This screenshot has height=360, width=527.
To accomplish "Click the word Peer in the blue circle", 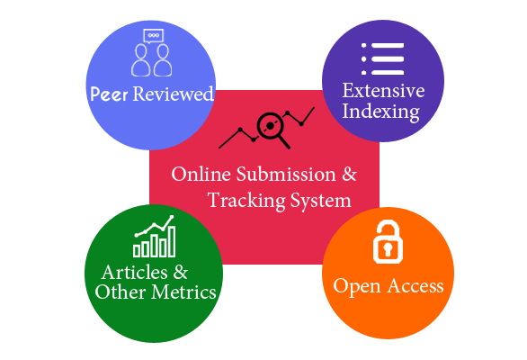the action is pyautogui.click(x=109, y=94).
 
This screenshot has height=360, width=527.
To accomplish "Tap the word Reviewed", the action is pyautogui.click(x=173, y=94).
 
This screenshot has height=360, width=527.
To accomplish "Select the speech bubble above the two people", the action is pyautogui.click(x=153, y=36).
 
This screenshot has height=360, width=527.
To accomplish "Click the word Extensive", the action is pyautogui.click(x=383, y=90).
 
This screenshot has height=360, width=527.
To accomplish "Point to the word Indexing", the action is pyautogui.click(x=380, y=112).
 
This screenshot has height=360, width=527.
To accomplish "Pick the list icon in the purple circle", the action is pyautogui.click(x=382, y=58).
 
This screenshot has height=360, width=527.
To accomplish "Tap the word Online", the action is pyautogui.click(x=201, y=175).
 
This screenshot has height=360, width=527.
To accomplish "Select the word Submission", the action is pyautogui.click(x=286, y=175).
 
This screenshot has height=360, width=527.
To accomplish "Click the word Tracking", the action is pyautogui.click(x=246, y=201).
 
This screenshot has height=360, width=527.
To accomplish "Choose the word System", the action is pyautogui.click(x=321, y=201).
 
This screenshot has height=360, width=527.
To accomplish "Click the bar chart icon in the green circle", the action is pyautogui.click(x=155, y=236).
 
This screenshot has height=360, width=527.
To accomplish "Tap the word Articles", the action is pyautogui.click(x=134, y=272).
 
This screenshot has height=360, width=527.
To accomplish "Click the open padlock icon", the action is pyautogui.click(x=388, y=241).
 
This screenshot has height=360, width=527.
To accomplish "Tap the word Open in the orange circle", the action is pyautogui.click(x=357, y=287).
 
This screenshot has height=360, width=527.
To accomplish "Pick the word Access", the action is pyautogui.click(x=415, y=286).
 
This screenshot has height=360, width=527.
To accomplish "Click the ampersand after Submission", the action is pyautogui.click(x=350, y=175).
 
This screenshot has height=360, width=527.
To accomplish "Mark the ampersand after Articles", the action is pyautogui.click(x=181, y=272).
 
